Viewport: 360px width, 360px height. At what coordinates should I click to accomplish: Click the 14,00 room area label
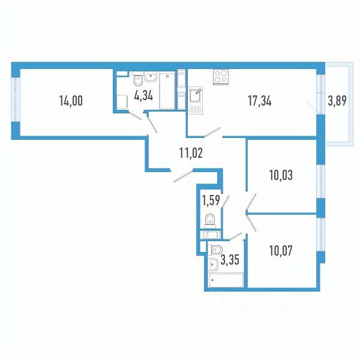tap(71, 101)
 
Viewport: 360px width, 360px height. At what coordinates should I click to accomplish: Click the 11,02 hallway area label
tap(191, 152)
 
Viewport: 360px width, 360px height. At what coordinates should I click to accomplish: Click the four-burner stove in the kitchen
tap(220, 77)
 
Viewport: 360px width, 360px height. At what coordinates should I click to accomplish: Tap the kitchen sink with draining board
tap(196, 100)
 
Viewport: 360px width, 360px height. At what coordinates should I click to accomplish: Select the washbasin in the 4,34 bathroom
tap(150, 76)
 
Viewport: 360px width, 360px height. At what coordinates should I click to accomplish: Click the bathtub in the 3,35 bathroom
tap(225, 280)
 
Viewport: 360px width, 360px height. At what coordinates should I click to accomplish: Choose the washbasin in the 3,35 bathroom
tap(213, 262)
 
